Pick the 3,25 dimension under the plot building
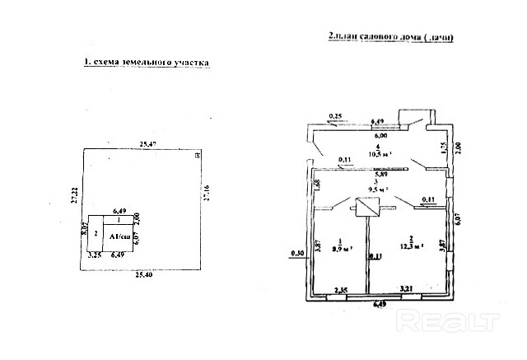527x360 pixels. pos(93,256)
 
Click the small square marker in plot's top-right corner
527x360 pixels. pos(196,154)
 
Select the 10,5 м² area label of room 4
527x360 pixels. pos(378,153)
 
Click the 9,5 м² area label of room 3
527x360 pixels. pos(380,189)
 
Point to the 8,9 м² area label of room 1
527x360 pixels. pos(340,246)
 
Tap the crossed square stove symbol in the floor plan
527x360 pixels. pos(366,209)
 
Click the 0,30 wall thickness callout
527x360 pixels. pos(297,253)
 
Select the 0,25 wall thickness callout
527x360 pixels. pos(335,115)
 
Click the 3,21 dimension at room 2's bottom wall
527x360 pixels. pos(405,288)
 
